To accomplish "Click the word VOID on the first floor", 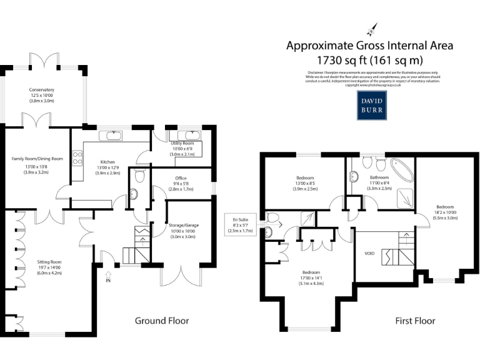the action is click(x=369, y=254).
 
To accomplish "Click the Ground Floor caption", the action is click(x=162, y=321).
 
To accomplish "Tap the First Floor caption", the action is click(x=415, y=321).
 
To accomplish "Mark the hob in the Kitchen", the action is click(x=78, y=158).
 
